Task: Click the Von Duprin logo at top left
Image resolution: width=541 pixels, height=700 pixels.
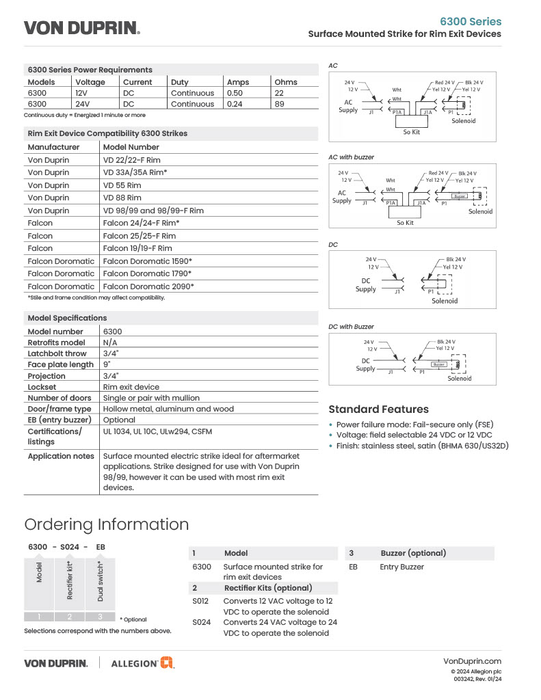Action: (82, 28)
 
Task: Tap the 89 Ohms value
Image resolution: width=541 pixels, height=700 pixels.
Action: (280, 104)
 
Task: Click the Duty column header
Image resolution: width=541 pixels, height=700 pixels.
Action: (179, 82)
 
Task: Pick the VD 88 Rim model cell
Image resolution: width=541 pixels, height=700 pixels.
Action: (122, 198)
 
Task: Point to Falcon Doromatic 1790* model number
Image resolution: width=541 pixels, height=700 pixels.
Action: (147, 273)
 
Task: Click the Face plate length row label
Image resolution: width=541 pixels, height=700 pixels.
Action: (61, 364)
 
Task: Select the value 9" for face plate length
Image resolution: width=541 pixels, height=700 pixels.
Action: (107, 364)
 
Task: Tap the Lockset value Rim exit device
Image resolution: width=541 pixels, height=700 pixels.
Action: (131, 387)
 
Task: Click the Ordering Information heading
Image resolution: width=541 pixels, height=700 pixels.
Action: (106, 524)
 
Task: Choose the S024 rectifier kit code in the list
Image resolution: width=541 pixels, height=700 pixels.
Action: (201, 622)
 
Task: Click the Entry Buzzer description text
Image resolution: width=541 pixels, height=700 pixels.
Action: (401, 567)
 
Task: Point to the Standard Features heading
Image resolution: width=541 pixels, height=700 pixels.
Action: (378, 409)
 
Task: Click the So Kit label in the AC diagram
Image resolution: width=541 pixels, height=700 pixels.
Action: (411, 132)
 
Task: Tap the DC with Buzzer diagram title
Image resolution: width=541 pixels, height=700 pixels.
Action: (351, 327)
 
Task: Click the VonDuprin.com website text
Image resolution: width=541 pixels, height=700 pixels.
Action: (472, 661)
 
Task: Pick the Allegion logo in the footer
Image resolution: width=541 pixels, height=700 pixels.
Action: (142, 662)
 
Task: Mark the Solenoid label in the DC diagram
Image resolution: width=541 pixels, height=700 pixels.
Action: (445, 301)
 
